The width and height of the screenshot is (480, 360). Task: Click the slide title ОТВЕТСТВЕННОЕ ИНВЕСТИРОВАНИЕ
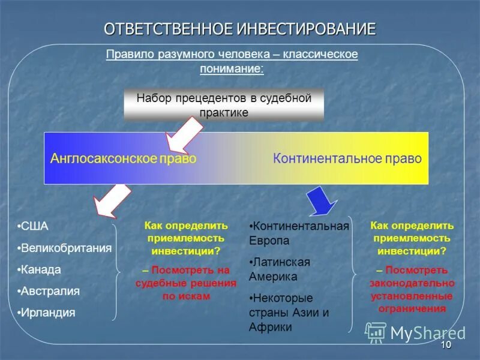click(x=239, y=28)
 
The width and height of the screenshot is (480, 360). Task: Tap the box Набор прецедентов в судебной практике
click(x=223, y=105)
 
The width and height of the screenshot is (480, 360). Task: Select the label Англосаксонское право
click(x=124, y=158)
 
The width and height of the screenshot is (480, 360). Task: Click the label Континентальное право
click(x=347, y=158)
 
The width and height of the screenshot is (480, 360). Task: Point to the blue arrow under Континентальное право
click(x=322, y=200)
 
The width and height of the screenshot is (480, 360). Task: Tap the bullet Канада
click(x=41, y=269)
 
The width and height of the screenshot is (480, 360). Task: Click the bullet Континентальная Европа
click(x=299, y=233)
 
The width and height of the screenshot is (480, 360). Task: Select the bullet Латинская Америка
click(x=281, y=269)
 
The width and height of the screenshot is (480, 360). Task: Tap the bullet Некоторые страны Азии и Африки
click(x=290, y=312)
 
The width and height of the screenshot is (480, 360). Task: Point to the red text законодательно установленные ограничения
click(x=412, y=296)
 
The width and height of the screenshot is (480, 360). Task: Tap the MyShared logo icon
click(x=376, y=332)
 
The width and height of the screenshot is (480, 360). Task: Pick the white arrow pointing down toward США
click(x=111, y=201)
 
